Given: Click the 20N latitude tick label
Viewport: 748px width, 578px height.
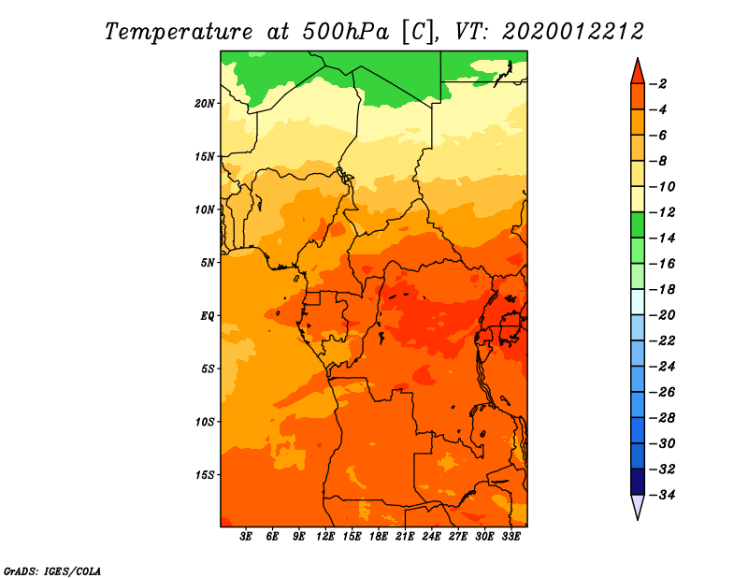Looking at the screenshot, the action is click(205, 104).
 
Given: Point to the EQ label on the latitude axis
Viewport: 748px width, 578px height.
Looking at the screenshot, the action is click(208, 316).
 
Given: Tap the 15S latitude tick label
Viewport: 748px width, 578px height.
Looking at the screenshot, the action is click(205, 475).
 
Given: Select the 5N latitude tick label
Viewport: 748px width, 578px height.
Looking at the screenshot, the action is click(208, 263).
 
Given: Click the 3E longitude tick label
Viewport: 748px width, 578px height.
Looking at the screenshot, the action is click(246, 537).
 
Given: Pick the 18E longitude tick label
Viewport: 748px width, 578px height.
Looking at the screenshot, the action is click(379, 537).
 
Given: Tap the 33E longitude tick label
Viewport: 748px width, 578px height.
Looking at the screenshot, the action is click(511, 537).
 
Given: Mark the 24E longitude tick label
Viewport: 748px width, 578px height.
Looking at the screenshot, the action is click(431, 537).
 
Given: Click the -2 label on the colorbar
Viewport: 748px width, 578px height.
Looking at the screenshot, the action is click(659, 84).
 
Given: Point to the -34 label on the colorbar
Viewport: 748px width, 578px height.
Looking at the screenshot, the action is click(663, 495).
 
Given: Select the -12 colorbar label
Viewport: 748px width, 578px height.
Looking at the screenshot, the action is click(663, 212).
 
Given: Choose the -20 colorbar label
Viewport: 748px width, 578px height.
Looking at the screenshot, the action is click(663, 315).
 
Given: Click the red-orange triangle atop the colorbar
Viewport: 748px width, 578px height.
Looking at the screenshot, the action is click(638, 73).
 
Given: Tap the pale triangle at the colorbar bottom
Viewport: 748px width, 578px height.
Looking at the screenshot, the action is click(638, 505).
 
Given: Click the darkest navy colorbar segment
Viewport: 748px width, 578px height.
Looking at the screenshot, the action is click(638, 482).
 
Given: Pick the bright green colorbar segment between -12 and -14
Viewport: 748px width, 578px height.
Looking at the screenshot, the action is click(638, 225).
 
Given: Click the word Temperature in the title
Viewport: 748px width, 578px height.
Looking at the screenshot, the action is click(179, 32).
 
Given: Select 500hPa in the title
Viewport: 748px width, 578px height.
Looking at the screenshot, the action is click(345, 32).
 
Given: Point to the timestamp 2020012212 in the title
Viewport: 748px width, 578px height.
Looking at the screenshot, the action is click(573, 32).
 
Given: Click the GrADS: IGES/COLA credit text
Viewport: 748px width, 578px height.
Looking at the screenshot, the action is click(52, 571).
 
